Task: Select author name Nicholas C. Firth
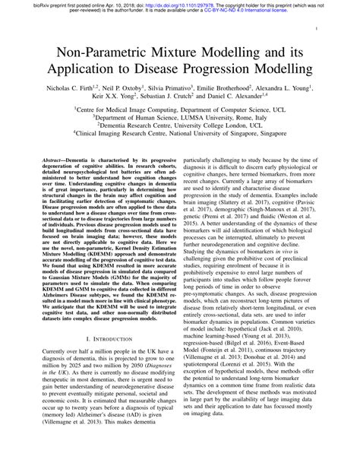[69, 88]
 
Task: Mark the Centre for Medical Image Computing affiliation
[180, 110]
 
